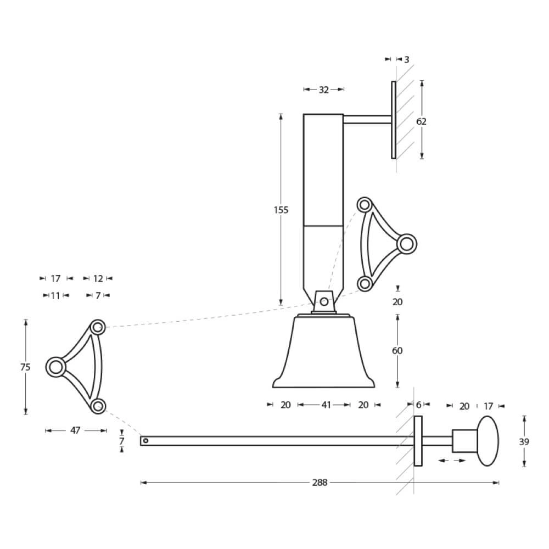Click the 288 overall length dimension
(320, 483)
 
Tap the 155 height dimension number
(281, 210)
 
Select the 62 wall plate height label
(421, 121)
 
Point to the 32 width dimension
(323, 89)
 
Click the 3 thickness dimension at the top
(406, 59)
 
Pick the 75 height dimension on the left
(25, 367)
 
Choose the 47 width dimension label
(75, 430)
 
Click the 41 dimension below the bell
(326, 405)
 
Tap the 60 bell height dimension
(397, 350)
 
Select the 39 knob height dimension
(525, 441)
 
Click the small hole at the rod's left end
(145, 440)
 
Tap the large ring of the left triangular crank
(55, 367)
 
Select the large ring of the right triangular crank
(407, 243)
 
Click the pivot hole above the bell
(324, 301)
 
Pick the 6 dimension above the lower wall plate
(418, 405)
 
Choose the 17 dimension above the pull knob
(488, 406)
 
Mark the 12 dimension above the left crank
(98, 278)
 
